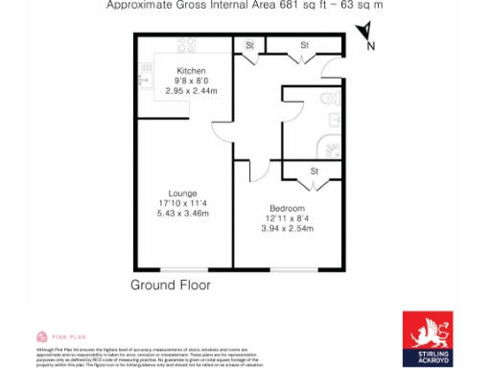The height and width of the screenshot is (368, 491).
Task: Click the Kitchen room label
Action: click(191, 70)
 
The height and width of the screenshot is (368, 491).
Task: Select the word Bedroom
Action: click(287, 209)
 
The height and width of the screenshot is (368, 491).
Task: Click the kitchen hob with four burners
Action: click(186, 45)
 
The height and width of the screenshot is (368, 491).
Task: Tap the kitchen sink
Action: click(147, 69)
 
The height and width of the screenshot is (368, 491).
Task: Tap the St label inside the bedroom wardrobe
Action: click(314, 172)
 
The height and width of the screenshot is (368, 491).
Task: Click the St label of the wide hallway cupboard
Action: click(304, 45)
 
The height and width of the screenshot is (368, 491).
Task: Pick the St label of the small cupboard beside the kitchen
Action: click(249, 45)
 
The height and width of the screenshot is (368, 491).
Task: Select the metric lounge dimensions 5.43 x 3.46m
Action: click(182, 213)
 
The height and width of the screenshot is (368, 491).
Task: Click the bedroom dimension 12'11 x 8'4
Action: click(287, 219)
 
